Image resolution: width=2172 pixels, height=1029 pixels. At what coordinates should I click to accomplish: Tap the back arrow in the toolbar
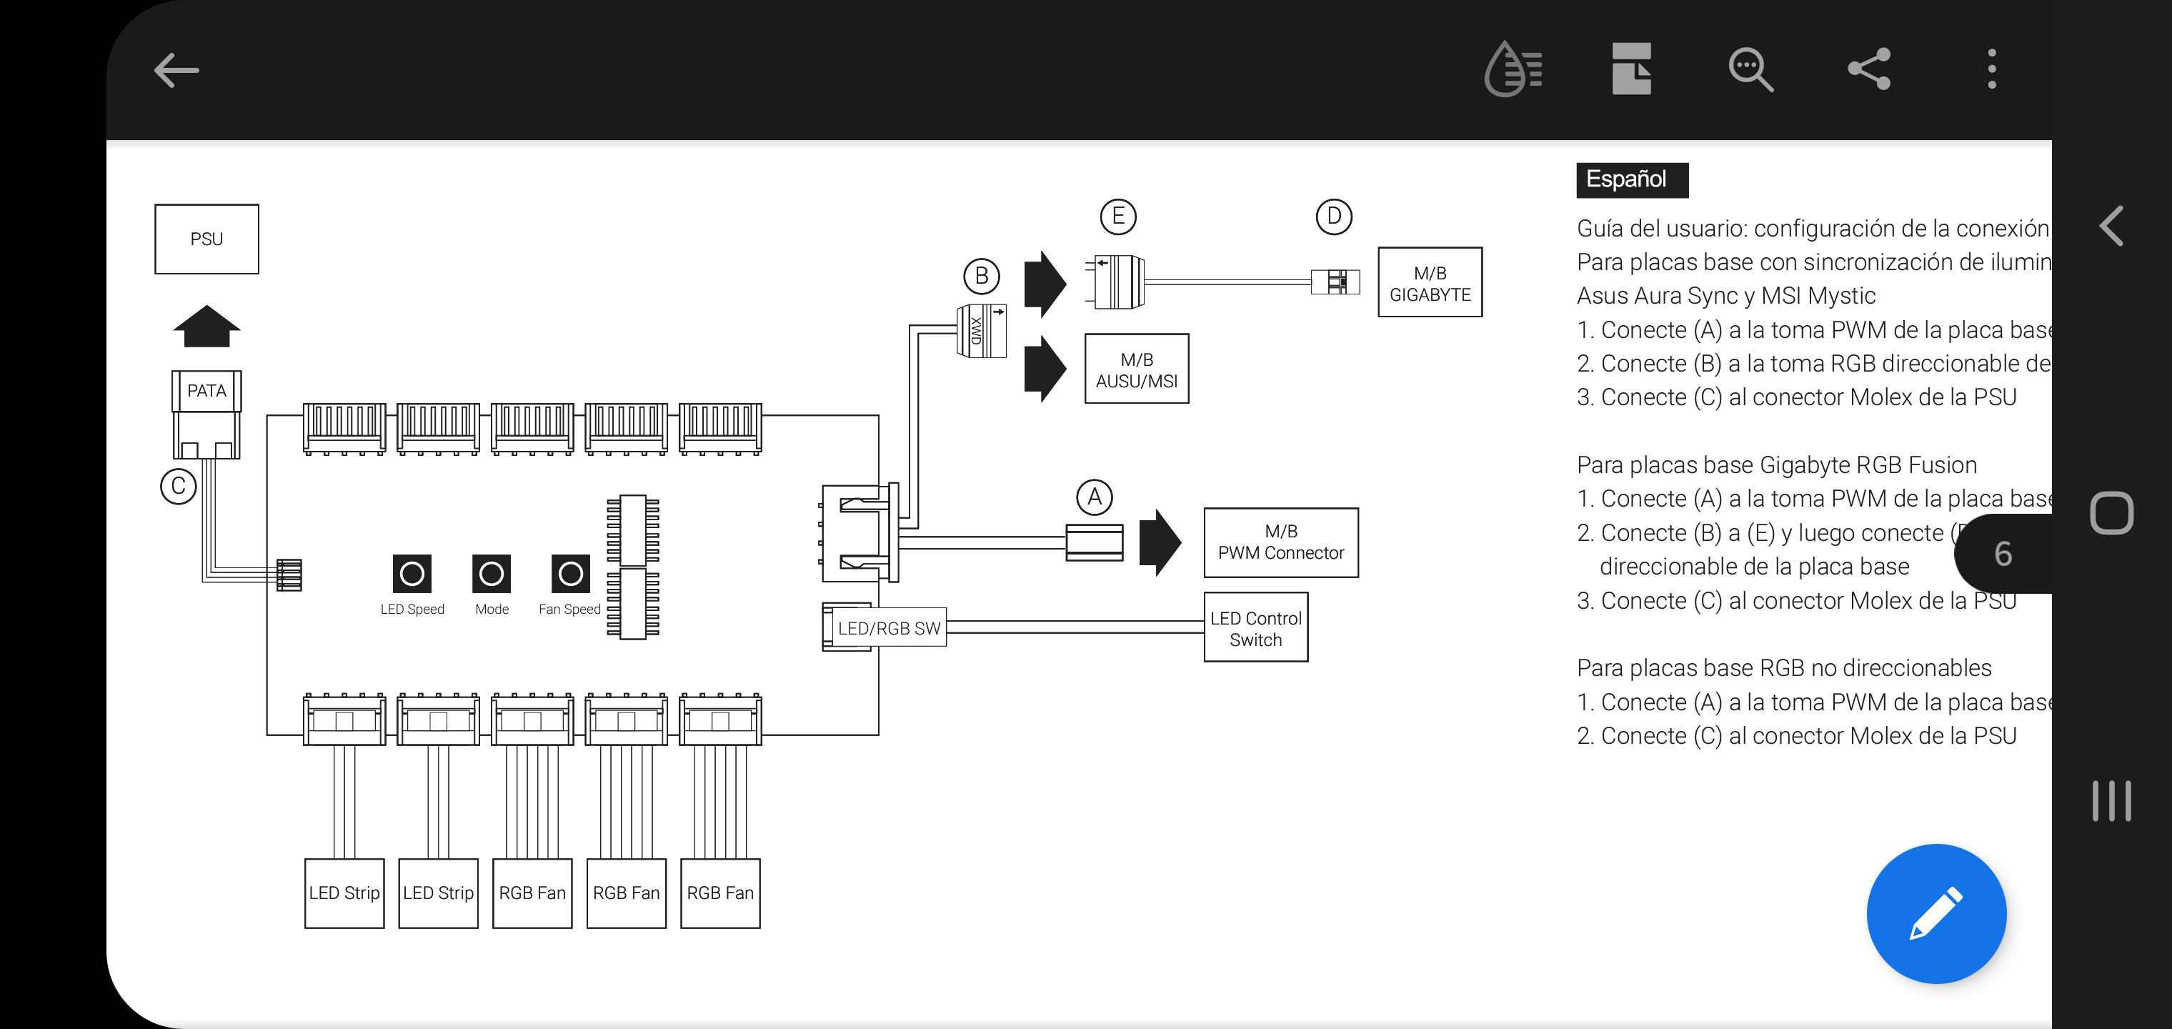176,70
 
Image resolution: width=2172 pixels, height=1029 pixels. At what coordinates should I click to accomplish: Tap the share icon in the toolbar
1868,69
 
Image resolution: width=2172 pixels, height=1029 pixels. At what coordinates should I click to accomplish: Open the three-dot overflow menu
1991,69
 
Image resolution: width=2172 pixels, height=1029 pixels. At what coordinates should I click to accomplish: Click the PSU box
206,239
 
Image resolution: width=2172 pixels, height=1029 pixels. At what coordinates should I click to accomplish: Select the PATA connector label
206,390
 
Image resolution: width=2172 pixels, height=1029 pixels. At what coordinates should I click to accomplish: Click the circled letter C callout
178,486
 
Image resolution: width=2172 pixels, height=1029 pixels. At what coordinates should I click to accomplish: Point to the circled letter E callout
1118,216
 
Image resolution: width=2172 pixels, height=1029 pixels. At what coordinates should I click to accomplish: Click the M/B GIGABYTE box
1429,282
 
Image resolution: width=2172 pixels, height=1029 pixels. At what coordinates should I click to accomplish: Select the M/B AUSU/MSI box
1136,369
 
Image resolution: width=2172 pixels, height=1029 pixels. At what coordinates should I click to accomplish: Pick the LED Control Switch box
1255,627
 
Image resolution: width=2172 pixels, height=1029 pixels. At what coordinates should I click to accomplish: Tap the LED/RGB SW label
888,628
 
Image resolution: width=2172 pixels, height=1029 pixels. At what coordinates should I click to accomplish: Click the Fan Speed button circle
570,575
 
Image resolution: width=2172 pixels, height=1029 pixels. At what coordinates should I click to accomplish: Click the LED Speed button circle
412,575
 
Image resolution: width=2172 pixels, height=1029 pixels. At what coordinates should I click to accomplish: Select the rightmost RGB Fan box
719,893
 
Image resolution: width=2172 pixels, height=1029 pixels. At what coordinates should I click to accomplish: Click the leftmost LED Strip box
344,893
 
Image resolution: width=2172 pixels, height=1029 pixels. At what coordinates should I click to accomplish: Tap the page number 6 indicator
2003,554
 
